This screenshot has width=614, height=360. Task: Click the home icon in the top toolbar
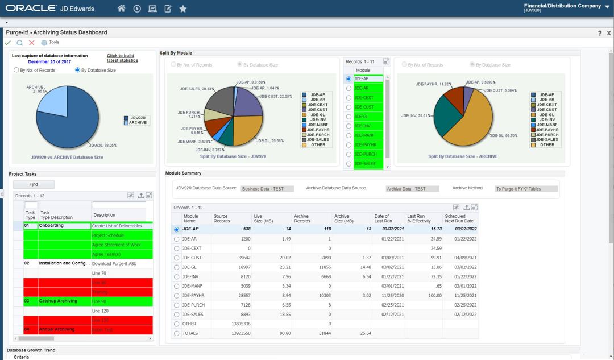[x=121, y=9]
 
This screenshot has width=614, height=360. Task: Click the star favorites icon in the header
[x=182, y=9]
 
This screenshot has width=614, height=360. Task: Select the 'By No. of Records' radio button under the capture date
[x=16, y=71]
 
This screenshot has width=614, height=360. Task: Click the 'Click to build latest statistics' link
[x=122, y=58]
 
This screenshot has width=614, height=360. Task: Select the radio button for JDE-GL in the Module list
[x=349, y=117]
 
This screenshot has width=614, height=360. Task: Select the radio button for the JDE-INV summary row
[x=177, y=277]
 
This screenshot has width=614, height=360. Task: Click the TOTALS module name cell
[x=190, y=333]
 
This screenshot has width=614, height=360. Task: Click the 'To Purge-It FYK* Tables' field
[x=526, y=189]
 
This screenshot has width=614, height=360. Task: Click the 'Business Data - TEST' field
[x=267, y=189]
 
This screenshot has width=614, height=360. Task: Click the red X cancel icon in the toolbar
[x=32, y=43]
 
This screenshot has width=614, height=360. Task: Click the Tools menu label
[x=53, y=43]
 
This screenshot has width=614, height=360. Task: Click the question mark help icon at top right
[x=599, y=34]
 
